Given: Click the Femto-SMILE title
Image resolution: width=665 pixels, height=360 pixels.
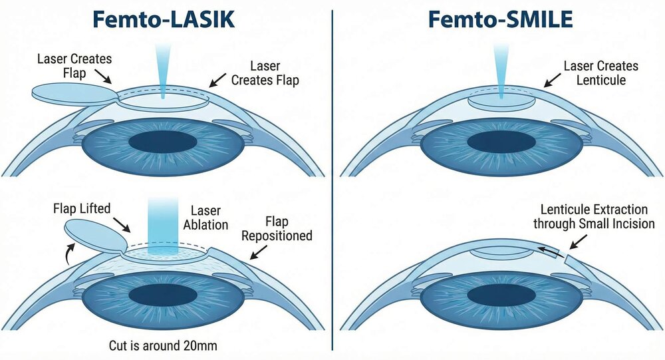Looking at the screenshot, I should pos(500,19).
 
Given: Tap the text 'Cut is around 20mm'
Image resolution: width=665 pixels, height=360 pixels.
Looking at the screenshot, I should pos(164,345).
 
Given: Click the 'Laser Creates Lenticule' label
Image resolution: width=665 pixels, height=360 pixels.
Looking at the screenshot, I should pos(600,73).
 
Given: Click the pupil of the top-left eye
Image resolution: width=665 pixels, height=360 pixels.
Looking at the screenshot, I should pos(164,142).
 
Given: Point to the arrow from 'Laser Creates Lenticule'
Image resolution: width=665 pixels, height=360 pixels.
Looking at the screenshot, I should pos(552,83).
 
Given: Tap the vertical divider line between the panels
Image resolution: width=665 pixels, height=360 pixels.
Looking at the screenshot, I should pos(332,180).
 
